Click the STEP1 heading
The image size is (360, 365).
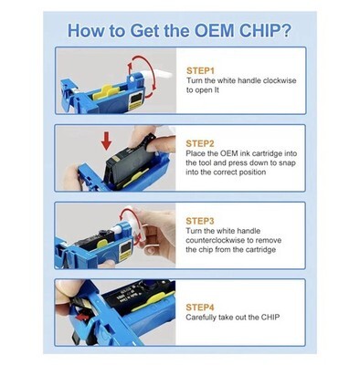click(200, 70)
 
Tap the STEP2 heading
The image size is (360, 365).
click(200, 143)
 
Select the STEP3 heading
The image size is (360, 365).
click(200, 221)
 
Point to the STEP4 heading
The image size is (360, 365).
click(200, 308)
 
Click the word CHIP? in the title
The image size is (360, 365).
click(265, 30)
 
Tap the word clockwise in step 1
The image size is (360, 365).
click(280, 80)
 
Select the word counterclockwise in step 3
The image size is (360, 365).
click(216, 240)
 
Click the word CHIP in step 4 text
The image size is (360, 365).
click(270, 318)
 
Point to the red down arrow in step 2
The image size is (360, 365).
click(106, 141)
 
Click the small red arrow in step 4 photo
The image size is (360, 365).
click(83, 318)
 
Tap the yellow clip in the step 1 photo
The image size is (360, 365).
click(105, 91)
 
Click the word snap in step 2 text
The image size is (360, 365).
click(287, 163)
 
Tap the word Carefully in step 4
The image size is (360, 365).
click(200, 318)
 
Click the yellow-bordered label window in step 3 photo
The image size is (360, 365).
click(125, 251)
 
